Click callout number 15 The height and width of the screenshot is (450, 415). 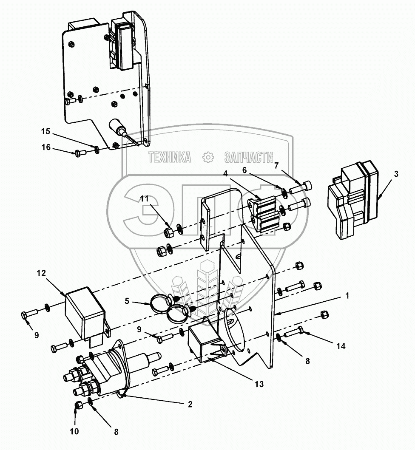[45, 132]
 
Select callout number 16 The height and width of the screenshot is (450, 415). [46, 147]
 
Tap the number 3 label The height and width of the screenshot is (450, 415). [396, 174]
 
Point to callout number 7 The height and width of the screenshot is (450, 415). [276, 166]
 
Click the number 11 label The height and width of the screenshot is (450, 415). [145, 198]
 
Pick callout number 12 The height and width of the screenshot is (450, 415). [41, 273]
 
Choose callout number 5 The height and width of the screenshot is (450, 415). [127, 301]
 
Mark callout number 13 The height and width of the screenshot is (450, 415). [259, 384]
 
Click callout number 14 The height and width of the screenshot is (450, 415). [341, 346]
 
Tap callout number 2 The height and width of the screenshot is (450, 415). [190, 405]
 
